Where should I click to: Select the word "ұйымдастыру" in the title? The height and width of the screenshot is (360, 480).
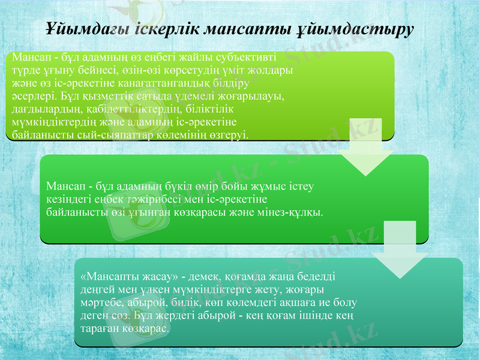pyautogui.click(x=355, y=29)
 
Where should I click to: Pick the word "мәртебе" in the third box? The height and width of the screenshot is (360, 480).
pyautogui.click(x=100, y=303)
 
